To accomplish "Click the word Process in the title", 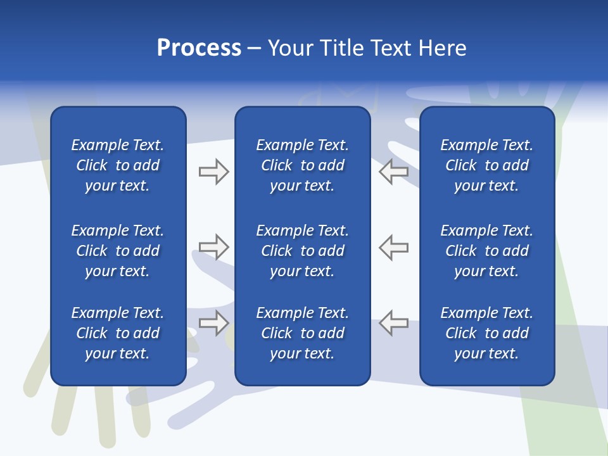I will [x=199, y=48].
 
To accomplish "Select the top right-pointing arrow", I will [x=213, y=172].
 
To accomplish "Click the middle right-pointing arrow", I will [x=213, y=247].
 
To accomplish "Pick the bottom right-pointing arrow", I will [x=213, y=323].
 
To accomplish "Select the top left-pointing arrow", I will [x=393, y=172].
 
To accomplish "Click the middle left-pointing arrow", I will [x=393, y=247].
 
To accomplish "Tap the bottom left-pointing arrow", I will [x=393, y=323].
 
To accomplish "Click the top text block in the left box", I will [x=118, y=165].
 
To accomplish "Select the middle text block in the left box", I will [x=118, y=251].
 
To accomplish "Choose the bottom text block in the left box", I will [x=118, y=333].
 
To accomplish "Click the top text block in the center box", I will [x=302, y=165].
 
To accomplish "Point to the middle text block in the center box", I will [x=302, y=251].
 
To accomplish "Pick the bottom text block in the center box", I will [x=302, y=333].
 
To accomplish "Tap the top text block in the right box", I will [x=486, y=165].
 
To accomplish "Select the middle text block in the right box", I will [x=486, y=251].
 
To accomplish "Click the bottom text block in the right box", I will [x=486, y=333].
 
